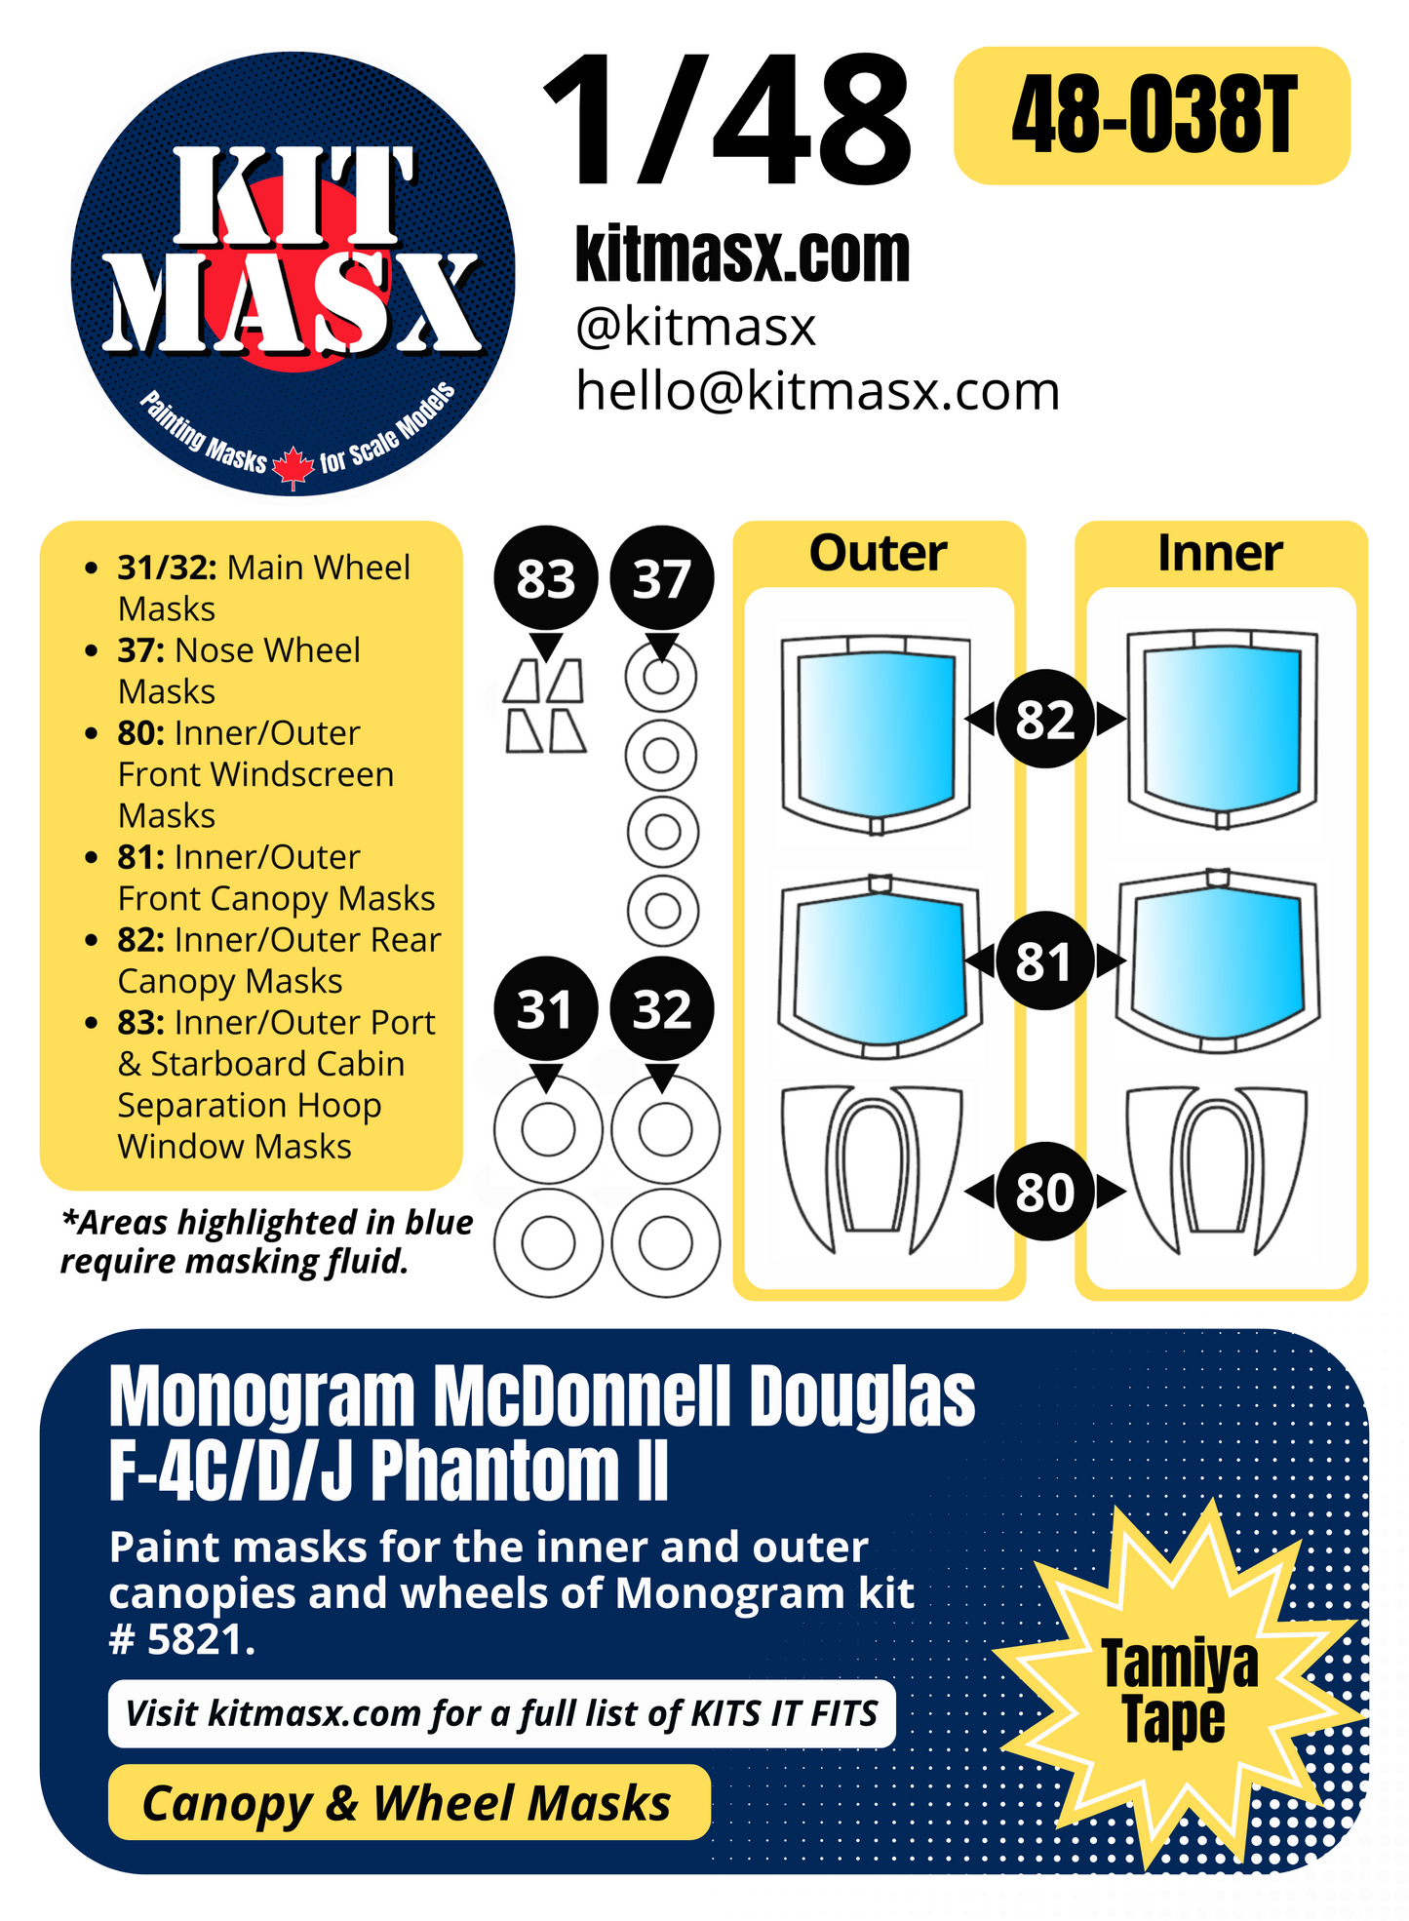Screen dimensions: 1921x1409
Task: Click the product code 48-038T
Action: point(1153,116)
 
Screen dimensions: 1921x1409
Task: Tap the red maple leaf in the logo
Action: point(293,466)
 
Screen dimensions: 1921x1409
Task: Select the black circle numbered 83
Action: point(545,579)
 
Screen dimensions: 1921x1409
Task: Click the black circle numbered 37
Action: point(661,579)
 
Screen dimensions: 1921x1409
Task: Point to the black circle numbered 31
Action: point(545,1009)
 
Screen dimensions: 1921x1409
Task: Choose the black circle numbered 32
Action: point(661,1009)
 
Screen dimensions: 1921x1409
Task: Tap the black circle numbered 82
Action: point(1044,720)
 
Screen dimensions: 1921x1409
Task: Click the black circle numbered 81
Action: point(1044,961)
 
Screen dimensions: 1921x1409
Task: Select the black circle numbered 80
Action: point(1044,1192)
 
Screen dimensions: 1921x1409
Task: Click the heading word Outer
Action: point(878,553)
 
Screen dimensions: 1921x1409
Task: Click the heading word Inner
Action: point(1219,553)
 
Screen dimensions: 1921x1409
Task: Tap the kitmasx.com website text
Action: point(742,255)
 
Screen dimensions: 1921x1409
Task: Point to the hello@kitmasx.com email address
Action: point(817,391)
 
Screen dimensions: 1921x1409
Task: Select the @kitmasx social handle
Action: point(695,327)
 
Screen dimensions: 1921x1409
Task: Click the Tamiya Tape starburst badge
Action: point(1178,1691)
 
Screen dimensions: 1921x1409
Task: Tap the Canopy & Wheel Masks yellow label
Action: point(408,1803)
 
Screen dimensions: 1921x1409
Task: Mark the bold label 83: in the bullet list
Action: point(141,1023)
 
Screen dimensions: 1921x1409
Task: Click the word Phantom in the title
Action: point(492,1471)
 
